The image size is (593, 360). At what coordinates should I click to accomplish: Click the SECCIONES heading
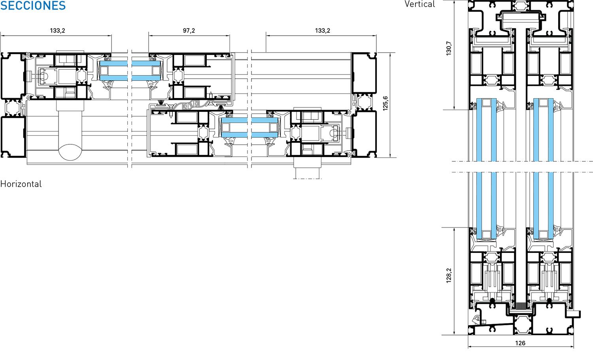(x=33, y=5)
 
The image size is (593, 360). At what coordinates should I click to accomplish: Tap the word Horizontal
(x=21, y=184)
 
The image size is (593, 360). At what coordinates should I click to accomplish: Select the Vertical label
(x=419, y=4)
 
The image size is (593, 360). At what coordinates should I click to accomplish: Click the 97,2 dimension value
(x=189, y=30)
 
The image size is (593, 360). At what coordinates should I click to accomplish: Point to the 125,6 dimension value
(x=385, y=103)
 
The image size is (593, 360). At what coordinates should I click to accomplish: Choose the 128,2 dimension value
(x=449, y=275)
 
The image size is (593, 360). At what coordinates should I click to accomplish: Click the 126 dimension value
(x=520, y=343)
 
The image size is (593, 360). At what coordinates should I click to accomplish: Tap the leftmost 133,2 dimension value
(x=57, y=30)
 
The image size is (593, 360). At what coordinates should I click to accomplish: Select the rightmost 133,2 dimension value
(x=323, y=30)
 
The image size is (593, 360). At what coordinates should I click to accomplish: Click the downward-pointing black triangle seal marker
(x=161, y=102)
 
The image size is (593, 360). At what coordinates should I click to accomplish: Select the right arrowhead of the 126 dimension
(x=572, y=346)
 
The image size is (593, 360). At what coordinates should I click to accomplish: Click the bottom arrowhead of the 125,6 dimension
(x=390, y=155)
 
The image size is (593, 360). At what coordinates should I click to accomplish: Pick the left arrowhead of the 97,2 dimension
(x=150, y=35)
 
